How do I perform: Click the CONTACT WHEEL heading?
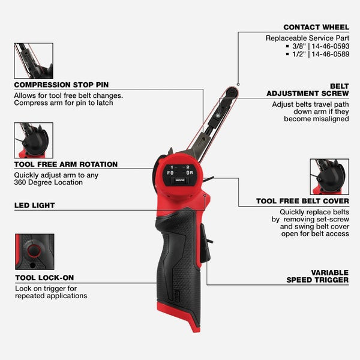pos(316,27)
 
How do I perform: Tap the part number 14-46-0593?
pos(331,46)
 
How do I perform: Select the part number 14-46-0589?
pos(331,54)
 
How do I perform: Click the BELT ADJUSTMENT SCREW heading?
pos(308,90)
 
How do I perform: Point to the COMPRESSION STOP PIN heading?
pos(61,85)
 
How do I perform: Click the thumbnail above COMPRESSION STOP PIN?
pos(34,61)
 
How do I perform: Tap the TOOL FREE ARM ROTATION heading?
pos(66,164)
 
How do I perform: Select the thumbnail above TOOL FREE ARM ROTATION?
pos(34,140)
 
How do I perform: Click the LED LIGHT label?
pos(34,205)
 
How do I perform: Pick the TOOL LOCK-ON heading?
pos(44,278)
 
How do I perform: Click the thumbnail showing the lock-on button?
pos(35,252)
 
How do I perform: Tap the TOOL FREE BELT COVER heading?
pos(302,201)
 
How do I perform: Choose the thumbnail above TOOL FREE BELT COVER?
pos(329,177)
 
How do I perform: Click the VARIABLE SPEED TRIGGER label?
pos(317,277)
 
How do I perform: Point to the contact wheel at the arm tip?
pos(232,92)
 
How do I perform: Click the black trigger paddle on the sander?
pos(205,244)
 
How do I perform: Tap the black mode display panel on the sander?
pos(180,175)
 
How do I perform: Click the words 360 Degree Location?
pos(48,182)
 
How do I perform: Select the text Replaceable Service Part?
pos(307,38)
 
